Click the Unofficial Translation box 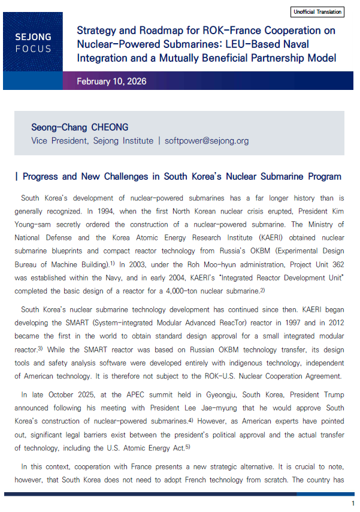click(x=317, y=12)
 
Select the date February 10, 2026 click(x=112, y=81)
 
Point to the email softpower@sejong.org click(x=207, y=141)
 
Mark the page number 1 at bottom click(x=353, y=503)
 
